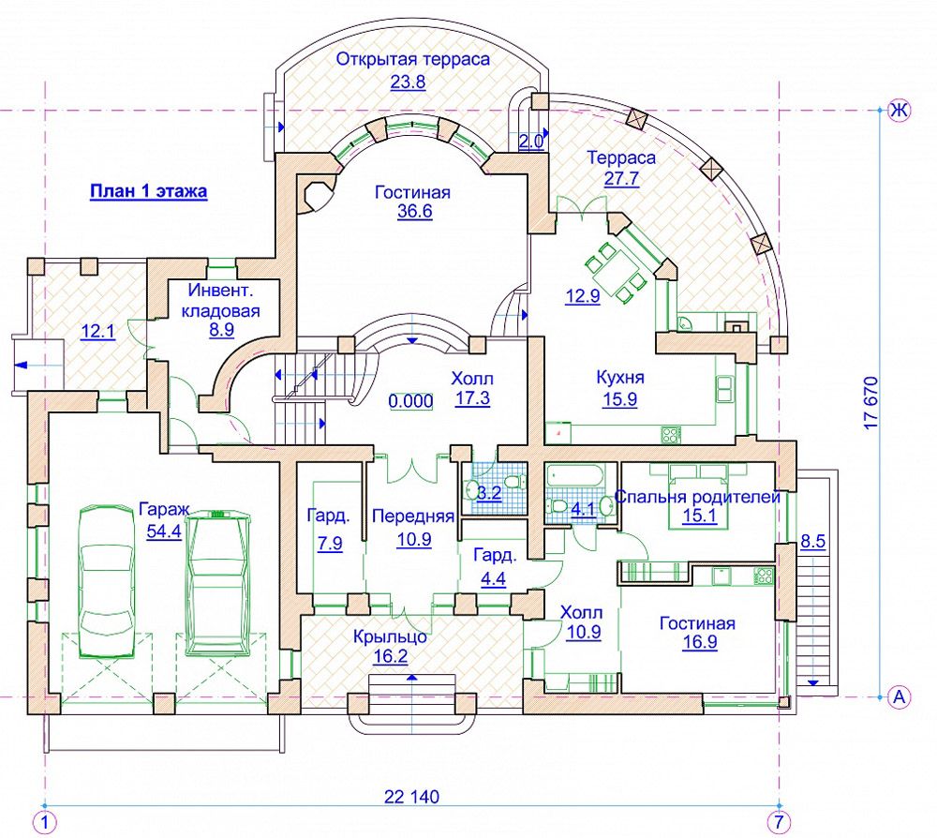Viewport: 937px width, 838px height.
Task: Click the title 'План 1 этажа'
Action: click(148, 192)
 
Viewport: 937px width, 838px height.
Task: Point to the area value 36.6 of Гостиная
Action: click(412, 212)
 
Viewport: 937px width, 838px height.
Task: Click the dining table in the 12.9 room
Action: click(618, 269)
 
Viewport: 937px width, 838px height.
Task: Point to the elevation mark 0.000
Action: click(410, 401)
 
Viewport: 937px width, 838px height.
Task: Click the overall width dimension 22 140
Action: click(411, 798)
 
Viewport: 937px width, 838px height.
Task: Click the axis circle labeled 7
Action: click(778, 822)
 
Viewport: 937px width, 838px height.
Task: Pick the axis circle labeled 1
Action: click(44, 822)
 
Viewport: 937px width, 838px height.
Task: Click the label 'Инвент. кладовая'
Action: click(221, 300)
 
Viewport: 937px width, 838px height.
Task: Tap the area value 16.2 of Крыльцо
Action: click(390, 657)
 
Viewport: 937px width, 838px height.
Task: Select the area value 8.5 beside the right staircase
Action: click(812, 541)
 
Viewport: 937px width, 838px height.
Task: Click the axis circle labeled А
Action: click(899, 696)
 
